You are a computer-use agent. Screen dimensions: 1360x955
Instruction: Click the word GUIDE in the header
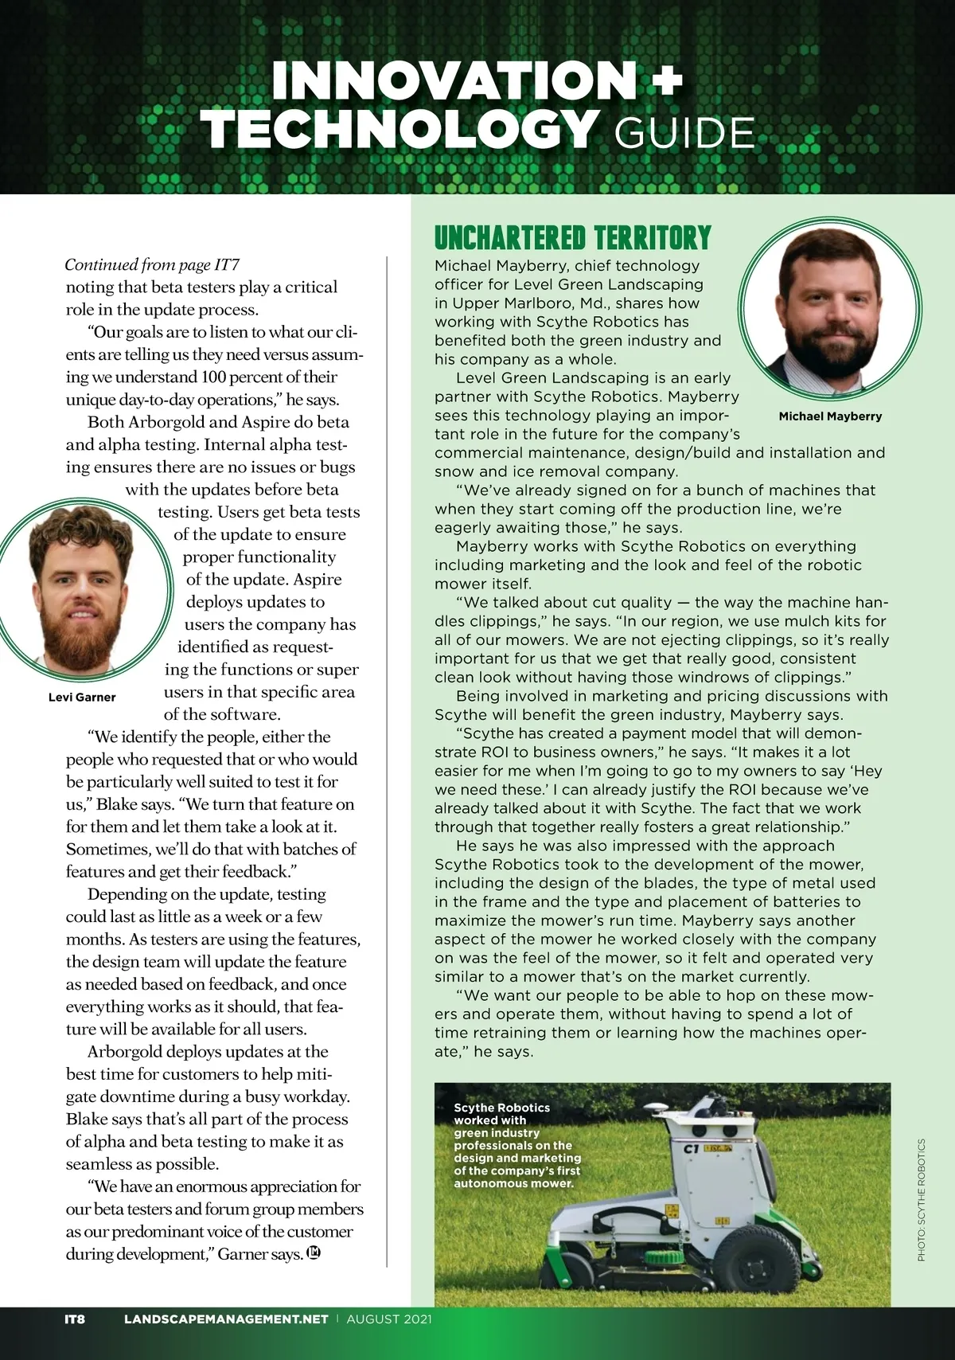(684, 133)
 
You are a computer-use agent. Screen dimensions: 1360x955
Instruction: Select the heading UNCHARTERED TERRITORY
(572, 238)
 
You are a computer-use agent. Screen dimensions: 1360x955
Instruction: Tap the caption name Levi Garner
(82, 697)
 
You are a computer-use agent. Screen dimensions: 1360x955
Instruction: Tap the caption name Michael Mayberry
(830, 416)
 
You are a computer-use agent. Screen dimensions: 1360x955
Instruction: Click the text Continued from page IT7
(151, 264)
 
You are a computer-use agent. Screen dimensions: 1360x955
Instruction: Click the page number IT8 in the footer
(75, 1318)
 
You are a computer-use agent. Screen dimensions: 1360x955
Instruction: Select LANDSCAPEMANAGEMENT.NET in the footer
(226, 1318)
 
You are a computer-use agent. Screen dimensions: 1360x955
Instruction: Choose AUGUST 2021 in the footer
(389, 1318)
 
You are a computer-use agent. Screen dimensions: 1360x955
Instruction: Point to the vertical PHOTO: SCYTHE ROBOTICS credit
(922, 1199)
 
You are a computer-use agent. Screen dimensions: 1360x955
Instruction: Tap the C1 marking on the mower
(692, 1149)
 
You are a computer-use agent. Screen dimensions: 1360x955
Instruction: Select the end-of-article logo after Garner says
(314, 1253)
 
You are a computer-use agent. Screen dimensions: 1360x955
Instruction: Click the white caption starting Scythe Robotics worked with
(516, 1145)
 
